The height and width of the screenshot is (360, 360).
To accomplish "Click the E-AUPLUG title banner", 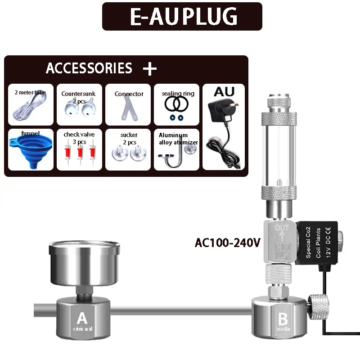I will pos(182,17).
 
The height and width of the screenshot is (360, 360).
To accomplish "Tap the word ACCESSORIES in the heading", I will pos(89,68).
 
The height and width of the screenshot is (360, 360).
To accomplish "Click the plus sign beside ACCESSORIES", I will pos(149,69).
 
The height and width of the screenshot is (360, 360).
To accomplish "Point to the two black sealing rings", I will pos(175,105).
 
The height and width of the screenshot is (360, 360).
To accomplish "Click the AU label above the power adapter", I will pos(224,92).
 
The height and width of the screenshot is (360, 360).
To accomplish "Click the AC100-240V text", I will pos(228,243).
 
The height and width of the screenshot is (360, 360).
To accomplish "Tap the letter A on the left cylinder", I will pos(82,319).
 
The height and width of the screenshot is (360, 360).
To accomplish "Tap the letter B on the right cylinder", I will pos(283,319).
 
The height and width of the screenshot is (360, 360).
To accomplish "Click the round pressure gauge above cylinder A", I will pos(84,261).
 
